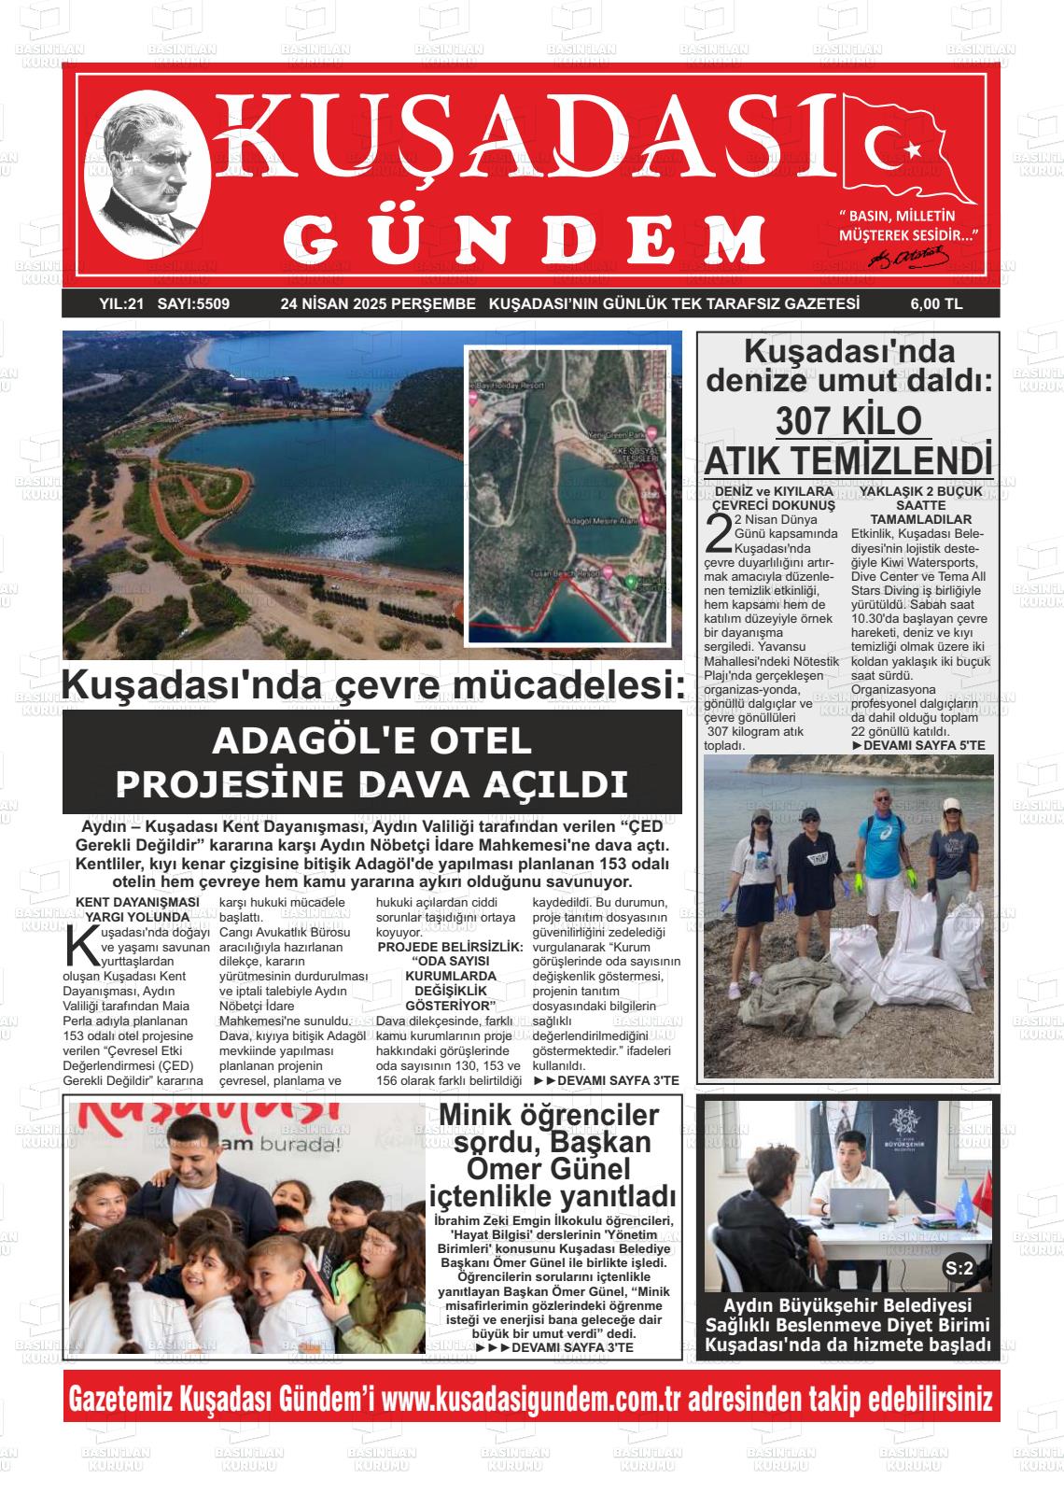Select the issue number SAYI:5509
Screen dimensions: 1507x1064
pyautogui.click(x=193, y=303)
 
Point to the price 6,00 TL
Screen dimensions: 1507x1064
pyautogui.click(x=936, y=303)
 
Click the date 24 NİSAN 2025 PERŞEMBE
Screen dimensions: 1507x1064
pyautogui.click(x=378, y=303)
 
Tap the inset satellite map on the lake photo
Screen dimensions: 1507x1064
pyautogui.click(x=567, y=495)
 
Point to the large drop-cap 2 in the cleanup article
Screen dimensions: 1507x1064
pyautogui.click(x=717, y=532)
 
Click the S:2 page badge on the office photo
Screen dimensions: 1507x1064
pyautogui.click(x=959, y=1268)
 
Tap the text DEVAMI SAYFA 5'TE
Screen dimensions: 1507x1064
pyautogui.click(x=919, y=746)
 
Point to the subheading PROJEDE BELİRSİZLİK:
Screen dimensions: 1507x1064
pyautogui.click(x=451, y=947)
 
